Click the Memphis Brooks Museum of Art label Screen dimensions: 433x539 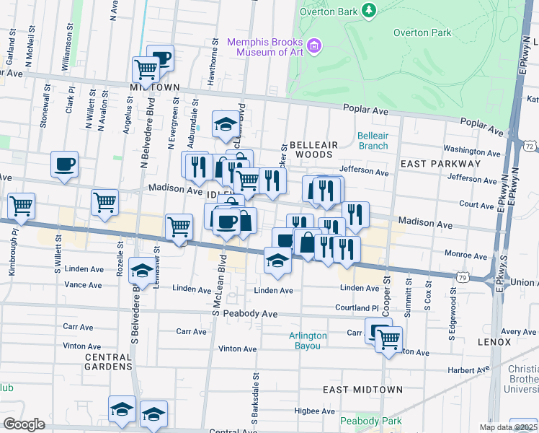pyautogui.click(x=265, y=48)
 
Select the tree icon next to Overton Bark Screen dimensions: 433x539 pyautogui.click(x=370, y=9)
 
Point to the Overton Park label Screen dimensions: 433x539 pyautogui.click(x=422, y=32)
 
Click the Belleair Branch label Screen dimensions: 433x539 pyautogui.click(x=373, y=141)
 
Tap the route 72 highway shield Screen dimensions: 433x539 pyautogui.click(x=530, y=146)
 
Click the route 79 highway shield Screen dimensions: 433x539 pyautogui.click(x=463, y=276)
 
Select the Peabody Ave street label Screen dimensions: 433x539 pyautogui.click(x=250, y=314)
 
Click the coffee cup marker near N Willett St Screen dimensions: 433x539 pyautogui.click(x=64, y=164)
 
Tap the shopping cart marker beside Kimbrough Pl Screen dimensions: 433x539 pyautogui.click(x=21, y=206)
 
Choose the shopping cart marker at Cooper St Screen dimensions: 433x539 pyautogui.click(x=388, y=338)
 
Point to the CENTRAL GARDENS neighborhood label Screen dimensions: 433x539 pyautogui.click(x=108, y=362)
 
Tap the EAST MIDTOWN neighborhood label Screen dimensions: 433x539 pyautogui.click(x=362, y=390)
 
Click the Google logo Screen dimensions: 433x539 pyautogui.click(x=24, y=424)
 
